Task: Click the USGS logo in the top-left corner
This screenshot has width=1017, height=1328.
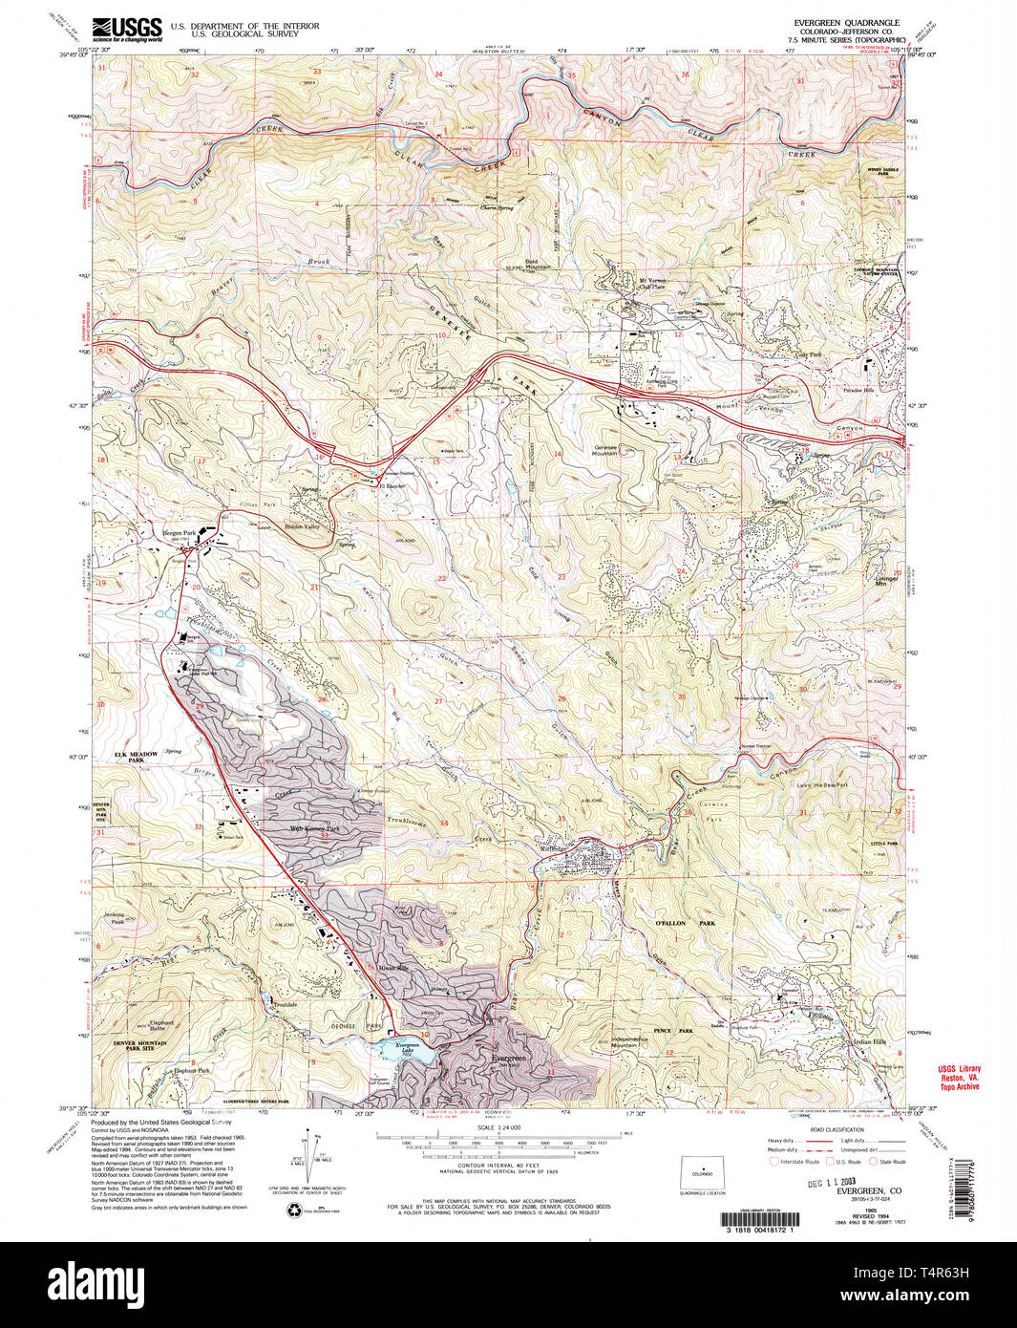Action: pyautogui.click(x=125, y=29)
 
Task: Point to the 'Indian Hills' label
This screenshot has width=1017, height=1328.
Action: pyautogui.click(x=869, y=1041)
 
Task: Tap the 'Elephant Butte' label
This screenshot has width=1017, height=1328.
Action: pyautogui.click(x=161, y=1025)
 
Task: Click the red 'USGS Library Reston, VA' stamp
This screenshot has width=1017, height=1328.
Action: pyautogui.click(x=957, y=1078)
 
